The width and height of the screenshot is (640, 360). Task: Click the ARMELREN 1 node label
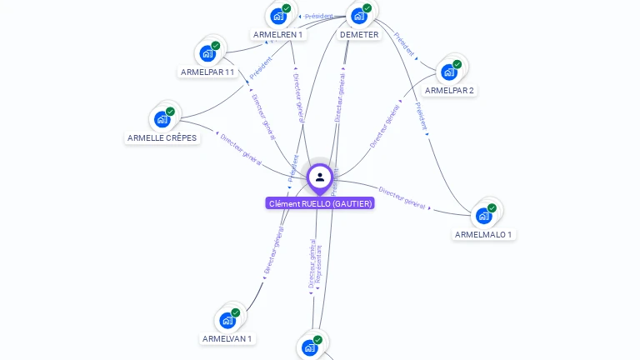(278, 35)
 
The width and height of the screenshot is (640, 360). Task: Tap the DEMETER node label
(359, 35)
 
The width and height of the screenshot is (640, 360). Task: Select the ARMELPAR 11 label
(207, 72)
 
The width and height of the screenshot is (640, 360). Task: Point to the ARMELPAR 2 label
(449, 90)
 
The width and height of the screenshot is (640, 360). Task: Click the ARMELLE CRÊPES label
(162, 137)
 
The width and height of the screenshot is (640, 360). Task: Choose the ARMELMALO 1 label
(483, 234)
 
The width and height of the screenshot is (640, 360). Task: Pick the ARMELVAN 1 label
(227, 338)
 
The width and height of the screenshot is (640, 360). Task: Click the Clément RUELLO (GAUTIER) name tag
(320, 203)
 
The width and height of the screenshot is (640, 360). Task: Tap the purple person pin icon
(320, 177)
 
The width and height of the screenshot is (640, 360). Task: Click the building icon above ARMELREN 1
(278, 15)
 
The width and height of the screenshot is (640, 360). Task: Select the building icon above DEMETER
(359, 15)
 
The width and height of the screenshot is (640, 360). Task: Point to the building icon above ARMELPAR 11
(207, 53)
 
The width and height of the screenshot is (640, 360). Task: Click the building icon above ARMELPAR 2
(449, 72)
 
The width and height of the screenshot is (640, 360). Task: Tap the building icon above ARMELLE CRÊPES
(162, 118)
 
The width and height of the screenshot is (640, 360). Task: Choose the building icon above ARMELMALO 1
(483, 216)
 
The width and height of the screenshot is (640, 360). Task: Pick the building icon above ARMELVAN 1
(227, 320)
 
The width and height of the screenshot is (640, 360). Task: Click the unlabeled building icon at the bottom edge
(310, 347)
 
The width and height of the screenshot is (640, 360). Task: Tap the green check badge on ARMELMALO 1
(492, 207)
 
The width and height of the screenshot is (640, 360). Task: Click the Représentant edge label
(318, 262)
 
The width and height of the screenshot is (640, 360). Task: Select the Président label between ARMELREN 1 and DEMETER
(318, 16)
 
